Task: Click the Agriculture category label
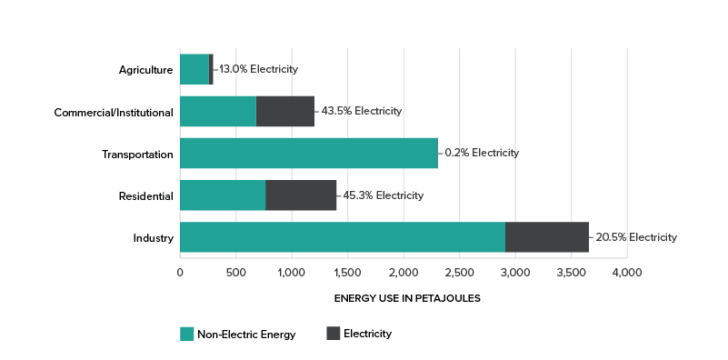pos(145,69)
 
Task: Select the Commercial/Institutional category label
pos(114,112)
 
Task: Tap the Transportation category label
pos(137,154)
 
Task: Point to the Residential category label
pos(145,195)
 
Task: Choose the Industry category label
pos(153,238)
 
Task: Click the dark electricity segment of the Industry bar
pos(547,238)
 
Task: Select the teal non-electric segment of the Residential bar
pos(223,195)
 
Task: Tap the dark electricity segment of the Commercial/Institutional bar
pos(285,111)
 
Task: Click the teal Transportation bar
pos(309,154)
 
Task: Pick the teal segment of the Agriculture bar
pos(194,69)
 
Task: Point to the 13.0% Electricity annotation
pos(258,69)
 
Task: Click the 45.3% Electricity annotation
pos(383,195)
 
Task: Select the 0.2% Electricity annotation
pos(482,154)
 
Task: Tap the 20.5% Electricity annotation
pos(635,238)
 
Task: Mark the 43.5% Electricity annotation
pos(361,112)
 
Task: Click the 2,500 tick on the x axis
pos(459,273)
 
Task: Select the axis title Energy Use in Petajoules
pos(407,298)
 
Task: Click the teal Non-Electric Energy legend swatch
pos(187,334)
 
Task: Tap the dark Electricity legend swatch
pos(333,334)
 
